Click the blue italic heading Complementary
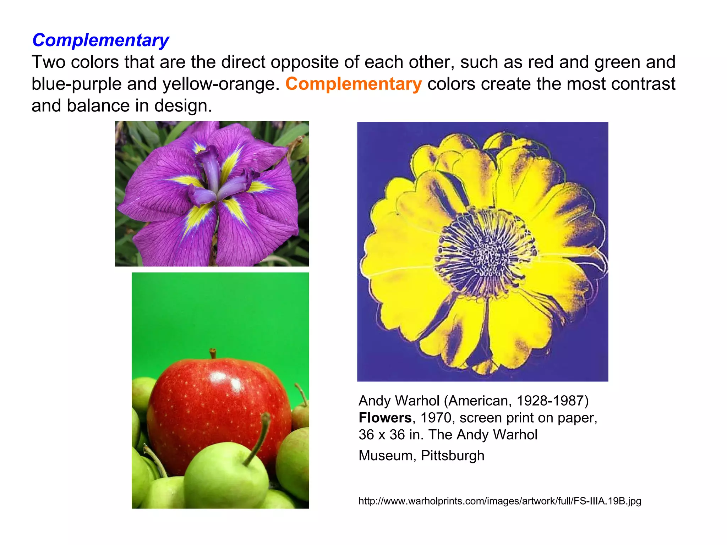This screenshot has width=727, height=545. click(x=100, y=40)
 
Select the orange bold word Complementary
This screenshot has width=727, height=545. click(x=354, y=84)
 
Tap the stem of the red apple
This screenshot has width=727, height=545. click(x=213, y=353)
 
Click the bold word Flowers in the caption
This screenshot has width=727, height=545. click(x=385, y=418)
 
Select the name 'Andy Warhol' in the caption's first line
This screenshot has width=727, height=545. click(x=399, y=401)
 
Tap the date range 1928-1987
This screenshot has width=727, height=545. click(x=550, y=401)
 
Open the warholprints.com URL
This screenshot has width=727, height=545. click(x=499, y=501)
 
